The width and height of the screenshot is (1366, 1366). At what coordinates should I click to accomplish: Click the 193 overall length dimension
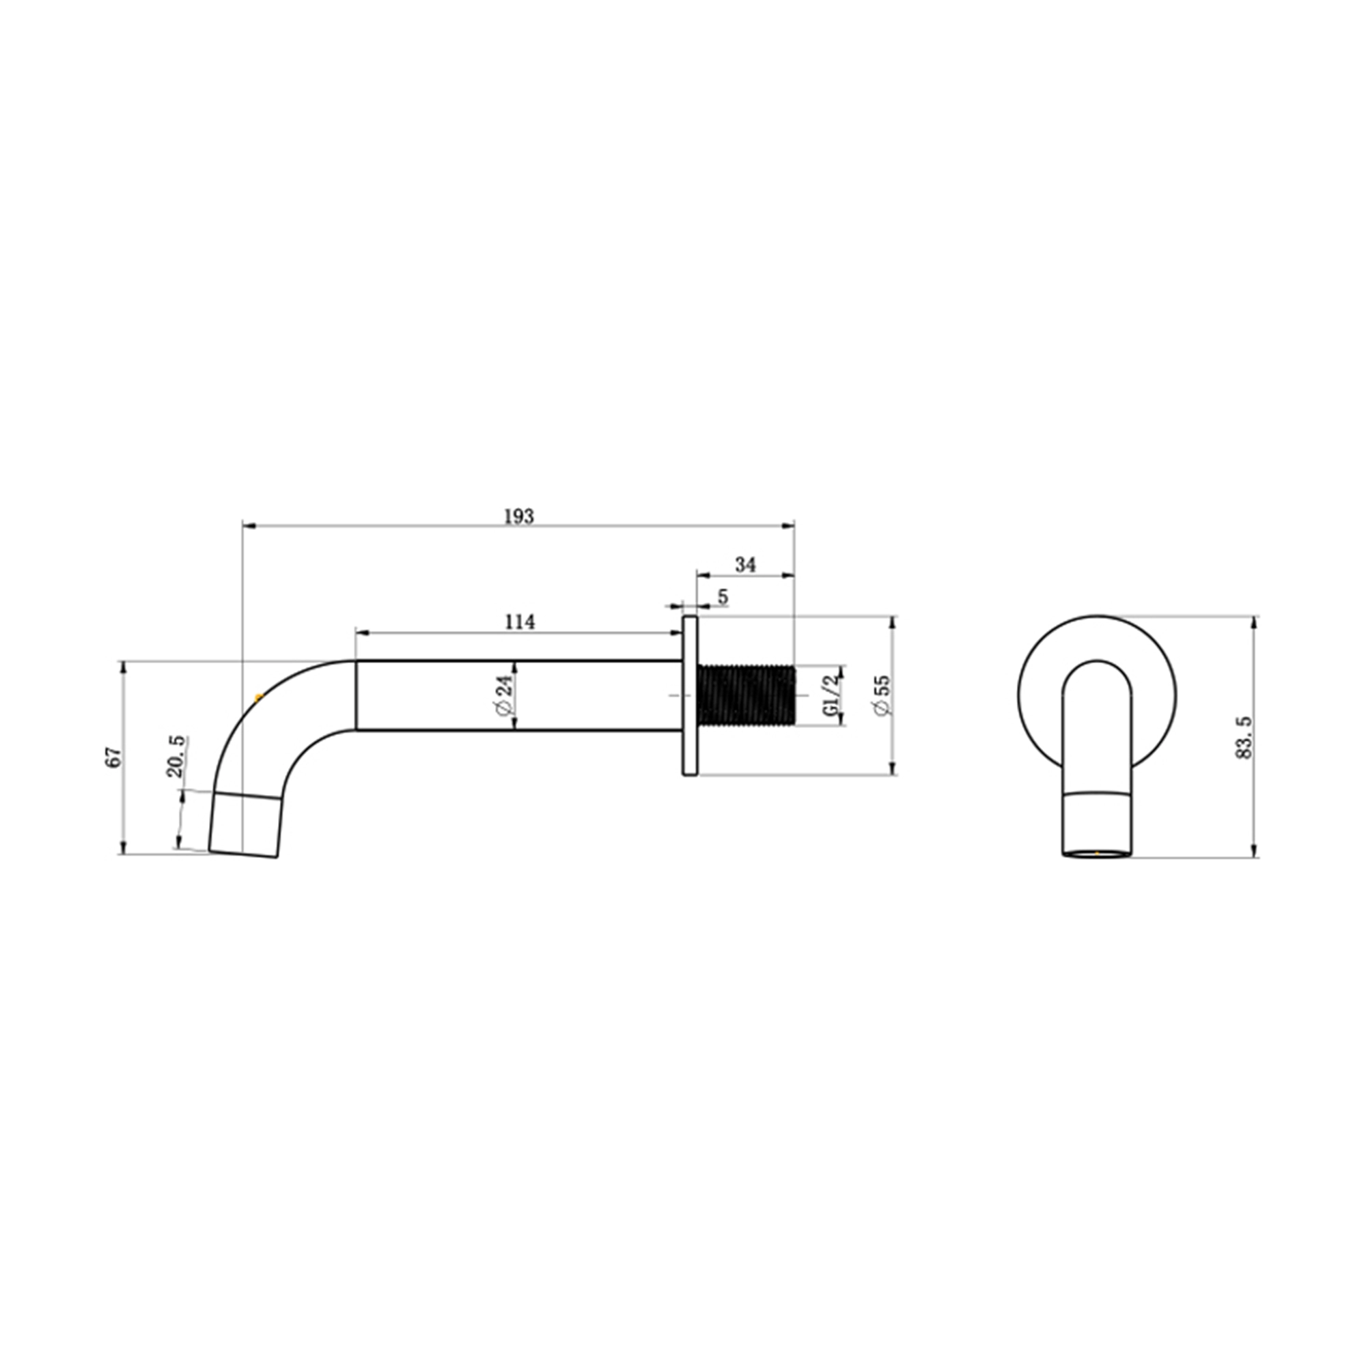tap(519, 517)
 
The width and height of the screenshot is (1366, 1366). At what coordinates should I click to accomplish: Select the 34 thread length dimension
tap(745, 565)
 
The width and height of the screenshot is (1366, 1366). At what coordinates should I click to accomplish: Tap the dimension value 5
tap(723, 597)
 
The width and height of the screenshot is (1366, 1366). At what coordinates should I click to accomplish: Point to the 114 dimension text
tap(520, 622)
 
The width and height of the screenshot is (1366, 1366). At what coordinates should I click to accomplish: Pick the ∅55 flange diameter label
tap(882, 696)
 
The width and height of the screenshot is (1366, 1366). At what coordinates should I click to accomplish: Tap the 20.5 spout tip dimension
tap(176, 757)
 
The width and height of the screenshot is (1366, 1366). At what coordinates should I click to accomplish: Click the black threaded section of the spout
tap(747, 696)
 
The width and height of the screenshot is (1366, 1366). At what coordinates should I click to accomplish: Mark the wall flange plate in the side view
tap(690, 696)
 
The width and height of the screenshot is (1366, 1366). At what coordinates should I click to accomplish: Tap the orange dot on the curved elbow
tap(258, 699)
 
